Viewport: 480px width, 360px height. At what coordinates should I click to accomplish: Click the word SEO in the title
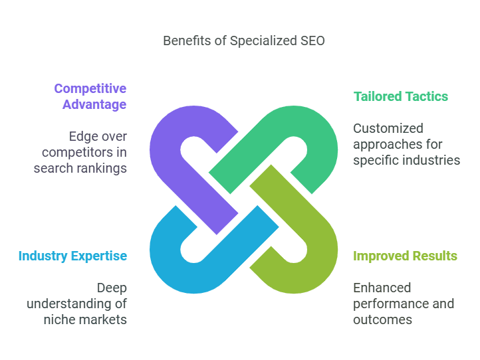click(312, 41)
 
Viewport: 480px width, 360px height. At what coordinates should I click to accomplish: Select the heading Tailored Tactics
click(401, 96)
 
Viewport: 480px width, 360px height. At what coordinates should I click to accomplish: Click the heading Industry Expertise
click(72, 256)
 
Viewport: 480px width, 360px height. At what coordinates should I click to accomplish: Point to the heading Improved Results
click(405, 256)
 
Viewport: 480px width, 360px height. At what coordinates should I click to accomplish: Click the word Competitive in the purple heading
click(90, 89)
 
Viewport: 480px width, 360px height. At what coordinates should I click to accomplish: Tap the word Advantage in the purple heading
click(94, 104)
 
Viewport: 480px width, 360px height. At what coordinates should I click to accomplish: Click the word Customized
click(388, 128)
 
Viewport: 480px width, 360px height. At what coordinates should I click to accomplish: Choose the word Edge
click(81, 136)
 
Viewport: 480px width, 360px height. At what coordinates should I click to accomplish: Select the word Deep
click(112, 288)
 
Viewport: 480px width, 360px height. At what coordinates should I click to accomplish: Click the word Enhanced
click(382, 288)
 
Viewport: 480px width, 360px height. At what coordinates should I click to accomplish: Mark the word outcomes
click(383, 320)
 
